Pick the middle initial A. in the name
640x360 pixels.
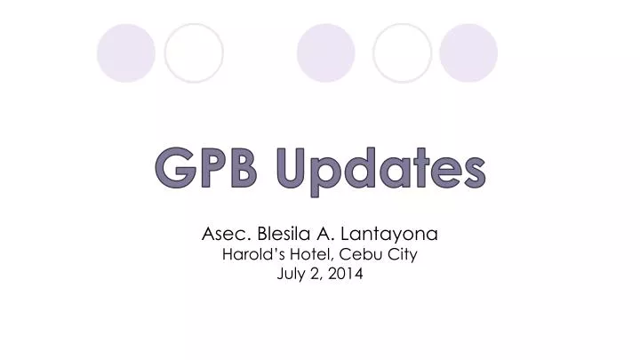pyautogui.click(x=334, y=236)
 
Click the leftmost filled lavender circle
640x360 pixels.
pyautogui.click(x=125, y=52)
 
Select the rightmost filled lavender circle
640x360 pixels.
pyautogui.click(x=468, y=52)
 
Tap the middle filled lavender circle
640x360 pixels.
pyautogui.click(x=325, y=52)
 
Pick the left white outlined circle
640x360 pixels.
pyautogui.click(x=194, y=52)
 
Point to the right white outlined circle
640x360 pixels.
pyautogui.click(x=402, y=52)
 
